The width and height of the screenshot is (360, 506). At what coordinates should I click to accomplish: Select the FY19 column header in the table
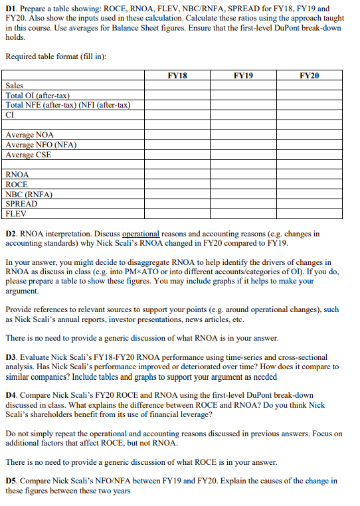(x=244, y=76)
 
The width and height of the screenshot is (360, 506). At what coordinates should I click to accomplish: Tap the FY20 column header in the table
(x=310, y=76)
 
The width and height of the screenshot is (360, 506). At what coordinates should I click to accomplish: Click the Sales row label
(x=15, y=86)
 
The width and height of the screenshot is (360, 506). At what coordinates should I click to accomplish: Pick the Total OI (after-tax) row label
(x=38, y=96)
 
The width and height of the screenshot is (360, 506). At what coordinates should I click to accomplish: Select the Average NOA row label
(x=30, y=135)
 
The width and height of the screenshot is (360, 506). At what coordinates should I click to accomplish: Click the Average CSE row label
(x=29, y=155)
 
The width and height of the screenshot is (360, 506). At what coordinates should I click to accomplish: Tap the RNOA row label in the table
(x=17, y=175)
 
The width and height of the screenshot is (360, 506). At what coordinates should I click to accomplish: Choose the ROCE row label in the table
(x=17, y=185)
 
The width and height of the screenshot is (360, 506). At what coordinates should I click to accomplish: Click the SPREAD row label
(x=21, y=204)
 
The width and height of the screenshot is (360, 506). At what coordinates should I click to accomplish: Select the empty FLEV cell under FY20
(x=310, y=214)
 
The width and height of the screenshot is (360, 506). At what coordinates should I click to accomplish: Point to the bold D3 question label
(x=11, y=357)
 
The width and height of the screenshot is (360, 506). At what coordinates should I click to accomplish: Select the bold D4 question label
(x=11, y=395)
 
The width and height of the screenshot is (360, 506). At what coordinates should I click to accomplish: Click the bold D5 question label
(x=11, y=480)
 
